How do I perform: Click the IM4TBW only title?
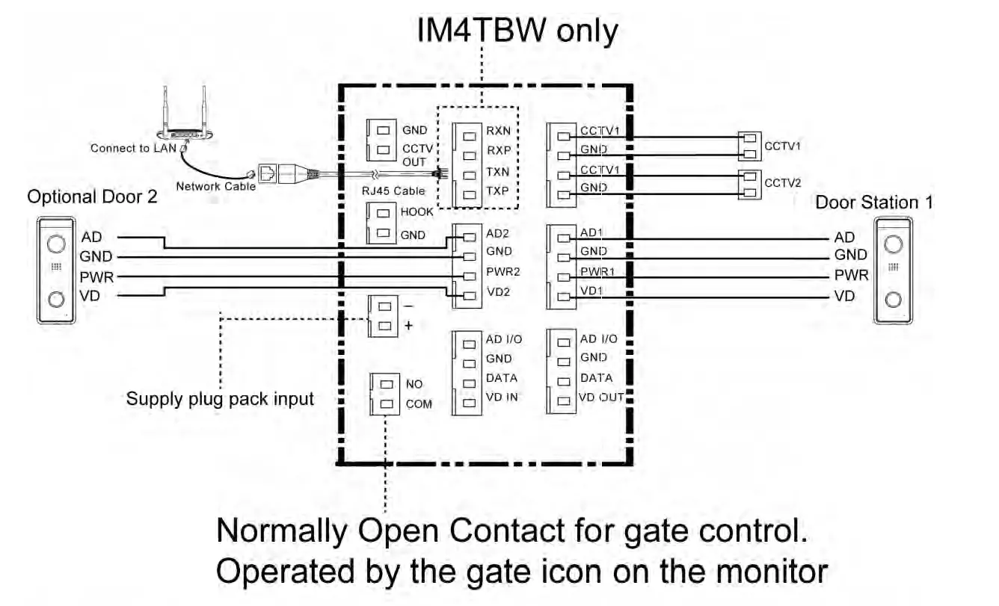pyautogui.click(x=517, y=31)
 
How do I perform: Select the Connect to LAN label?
pyautogui.click(x=133, y=148)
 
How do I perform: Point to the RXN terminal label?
pyautogui.click(x=499, y=130)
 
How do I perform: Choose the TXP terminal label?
pyautogui.click(x=498, y=191)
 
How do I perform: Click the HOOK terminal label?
pyautogui.click(x=416, y=212)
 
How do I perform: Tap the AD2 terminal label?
pyautogui.click(x=498, y=232)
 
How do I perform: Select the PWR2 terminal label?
pyautogui.click(x=502, y=272)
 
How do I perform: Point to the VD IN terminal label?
pyautogui.click(x=502, y=398)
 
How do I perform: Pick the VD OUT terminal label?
pyautogui.click(x=601, y=398)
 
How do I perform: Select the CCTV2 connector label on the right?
pyautogui.click(x=782, y=182)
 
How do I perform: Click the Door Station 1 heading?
pyautogui.click(x=873, y=202)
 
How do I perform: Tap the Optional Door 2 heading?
pyautogui.click(x=84, y=197)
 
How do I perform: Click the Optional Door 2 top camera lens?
pyautogui.click(x=55, y=244)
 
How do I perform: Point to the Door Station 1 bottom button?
pyautogui.click(x=893, y=300)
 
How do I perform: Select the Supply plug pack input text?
pyautogui.click(x=220, y=398)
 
